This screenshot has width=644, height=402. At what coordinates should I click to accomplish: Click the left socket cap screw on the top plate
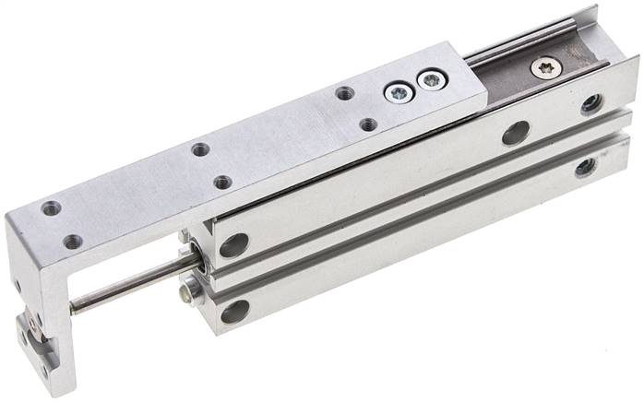398,93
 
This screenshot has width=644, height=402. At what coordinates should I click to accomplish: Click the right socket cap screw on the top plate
429,81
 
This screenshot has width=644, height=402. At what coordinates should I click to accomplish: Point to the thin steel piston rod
129,286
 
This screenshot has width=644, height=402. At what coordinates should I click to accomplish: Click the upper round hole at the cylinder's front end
234,245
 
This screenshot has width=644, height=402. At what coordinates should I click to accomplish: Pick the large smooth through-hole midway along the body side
515,134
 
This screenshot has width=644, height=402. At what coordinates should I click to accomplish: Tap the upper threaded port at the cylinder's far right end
592,104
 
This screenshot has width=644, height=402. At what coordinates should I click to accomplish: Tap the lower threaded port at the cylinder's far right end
585,168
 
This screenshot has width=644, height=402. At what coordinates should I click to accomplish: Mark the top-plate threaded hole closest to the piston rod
72,242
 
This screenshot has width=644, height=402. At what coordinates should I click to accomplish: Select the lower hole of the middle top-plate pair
222,182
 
